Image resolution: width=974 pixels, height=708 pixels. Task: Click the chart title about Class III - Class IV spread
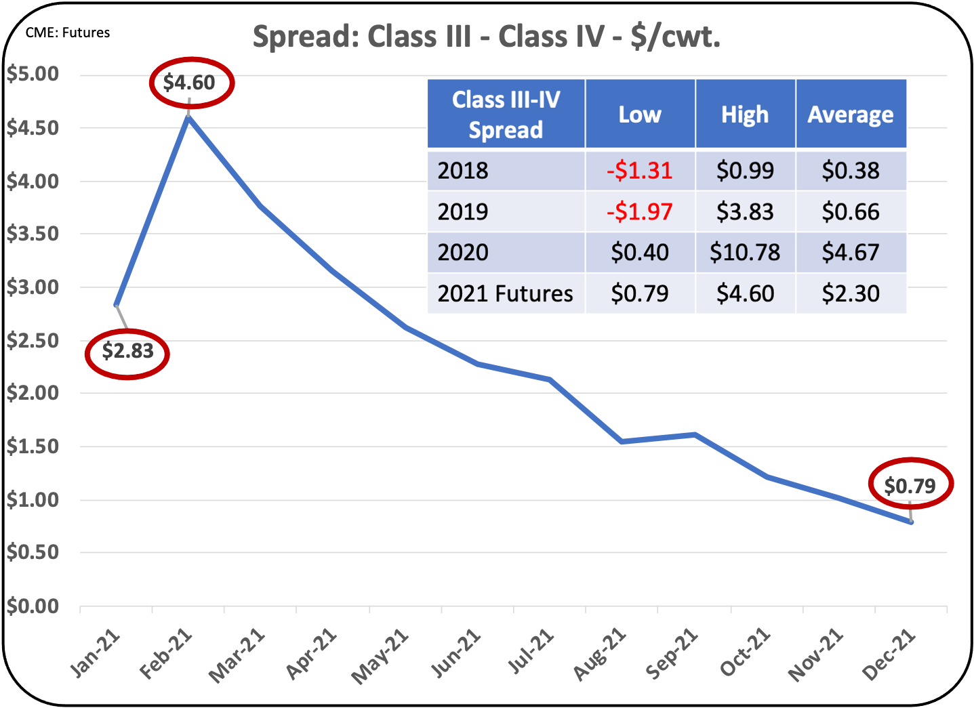pos(486,37)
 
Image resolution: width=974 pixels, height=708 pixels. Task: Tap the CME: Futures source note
pos(68,33)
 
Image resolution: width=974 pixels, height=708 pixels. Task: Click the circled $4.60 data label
pos(190,83)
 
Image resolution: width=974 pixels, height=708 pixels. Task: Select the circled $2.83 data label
pos(127,352)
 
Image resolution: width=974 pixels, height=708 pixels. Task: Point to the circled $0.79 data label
pos(910,486)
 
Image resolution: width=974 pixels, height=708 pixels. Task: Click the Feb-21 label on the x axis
pos(166,654)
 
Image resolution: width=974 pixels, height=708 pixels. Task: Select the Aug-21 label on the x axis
pos(600,654)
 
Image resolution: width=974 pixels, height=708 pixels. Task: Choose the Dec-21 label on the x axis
pos(889,654)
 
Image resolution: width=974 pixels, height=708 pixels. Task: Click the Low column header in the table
pos(640,114)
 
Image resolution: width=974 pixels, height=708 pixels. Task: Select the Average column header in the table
pos(851,114)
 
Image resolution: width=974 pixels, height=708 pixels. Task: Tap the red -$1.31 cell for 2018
pos(640,171)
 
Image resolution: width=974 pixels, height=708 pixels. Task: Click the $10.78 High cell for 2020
pos(745,253)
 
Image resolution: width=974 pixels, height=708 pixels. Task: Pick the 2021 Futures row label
pos(505,294)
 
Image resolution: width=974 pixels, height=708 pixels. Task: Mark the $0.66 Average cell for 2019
pos(851,212)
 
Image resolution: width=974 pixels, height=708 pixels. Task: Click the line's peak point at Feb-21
pos(188,117)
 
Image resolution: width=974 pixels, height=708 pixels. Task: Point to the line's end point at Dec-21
pos(911,522)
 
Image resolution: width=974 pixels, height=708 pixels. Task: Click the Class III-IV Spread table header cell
pos(506,114)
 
